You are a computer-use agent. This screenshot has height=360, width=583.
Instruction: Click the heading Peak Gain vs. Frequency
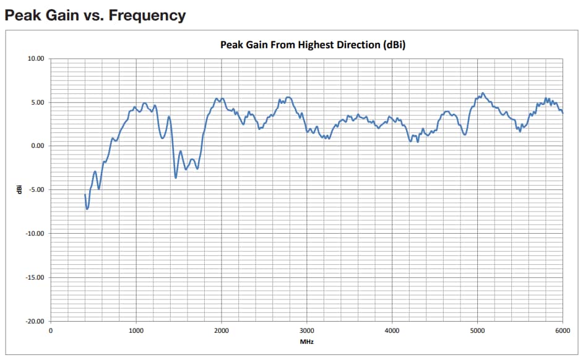pos(95,15)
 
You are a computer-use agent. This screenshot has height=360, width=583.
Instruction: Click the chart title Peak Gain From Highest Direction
pos(313,45)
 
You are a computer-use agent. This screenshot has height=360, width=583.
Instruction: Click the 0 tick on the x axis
pos(51,330)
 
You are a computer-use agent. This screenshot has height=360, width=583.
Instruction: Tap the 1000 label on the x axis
pos(136,330)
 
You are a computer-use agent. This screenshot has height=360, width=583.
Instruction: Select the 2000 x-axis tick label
pos(221,330)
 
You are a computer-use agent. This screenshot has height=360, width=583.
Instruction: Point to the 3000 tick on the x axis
pos(306,330)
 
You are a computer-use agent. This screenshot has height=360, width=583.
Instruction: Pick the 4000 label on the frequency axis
pos(392,330)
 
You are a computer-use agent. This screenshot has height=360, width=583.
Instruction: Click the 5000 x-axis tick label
pos(477,330)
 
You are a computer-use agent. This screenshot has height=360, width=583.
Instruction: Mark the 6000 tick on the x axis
pos(562,330)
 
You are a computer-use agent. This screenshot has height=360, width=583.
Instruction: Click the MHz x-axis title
pos(306,341)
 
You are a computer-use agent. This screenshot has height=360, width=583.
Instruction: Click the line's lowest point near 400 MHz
pos(87,209)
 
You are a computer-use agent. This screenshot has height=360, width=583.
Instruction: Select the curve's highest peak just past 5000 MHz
pos(483,93)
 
